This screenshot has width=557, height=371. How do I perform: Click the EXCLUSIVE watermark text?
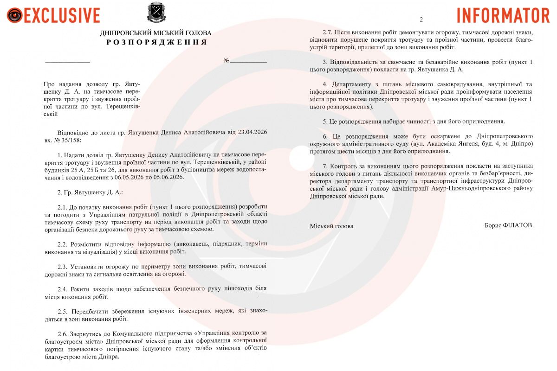(61, 15)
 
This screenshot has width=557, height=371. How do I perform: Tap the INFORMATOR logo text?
(503, 15)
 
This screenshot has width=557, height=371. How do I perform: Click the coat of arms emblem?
(155, 13)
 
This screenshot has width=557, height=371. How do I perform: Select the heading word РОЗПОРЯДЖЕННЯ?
(156, 42)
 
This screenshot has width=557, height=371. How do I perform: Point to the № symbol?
(227, 61)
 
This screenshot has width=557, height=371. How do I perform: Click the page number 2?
(421, 19)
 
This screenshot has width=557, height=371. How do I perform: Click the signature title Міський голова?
(331, 226)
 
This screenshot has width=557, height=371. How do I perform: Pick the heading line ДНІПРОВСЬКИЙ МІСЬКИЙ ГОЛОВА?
(156, 33)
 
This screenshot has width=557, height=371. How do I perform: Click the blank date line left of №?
(67, 61)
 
